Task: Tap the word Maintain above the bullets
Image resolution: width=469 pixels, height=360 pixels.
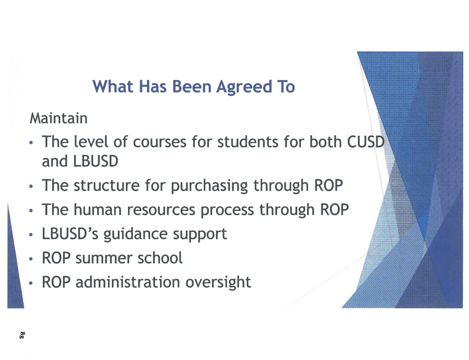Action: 58,118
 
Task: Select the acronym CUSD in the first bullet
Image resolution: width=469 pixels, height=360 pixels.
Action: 365,142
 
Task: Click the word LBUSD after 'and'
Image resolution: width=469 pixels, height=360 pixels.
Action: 95,161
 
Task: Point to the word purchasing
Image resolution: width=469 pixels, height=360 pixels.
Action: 209,186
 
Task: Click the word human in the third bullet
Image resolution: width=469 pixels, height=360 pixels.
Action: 97,209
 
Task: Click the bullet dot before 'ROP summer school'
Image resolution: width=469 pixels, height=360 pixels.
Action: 31,259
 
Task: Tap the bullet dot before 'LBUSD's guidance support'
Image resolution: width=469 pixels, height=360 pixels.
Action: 31,234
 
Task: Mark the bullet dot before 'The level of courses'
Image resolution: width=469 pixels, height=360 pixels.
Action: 31,142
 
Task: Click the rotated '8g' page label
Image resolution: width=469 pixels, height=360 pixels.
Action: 22,335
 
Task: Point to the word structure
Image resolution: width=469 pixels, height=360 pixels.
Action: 106,185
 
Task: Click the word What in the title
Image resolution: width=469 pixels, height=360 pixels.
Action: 113,87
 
